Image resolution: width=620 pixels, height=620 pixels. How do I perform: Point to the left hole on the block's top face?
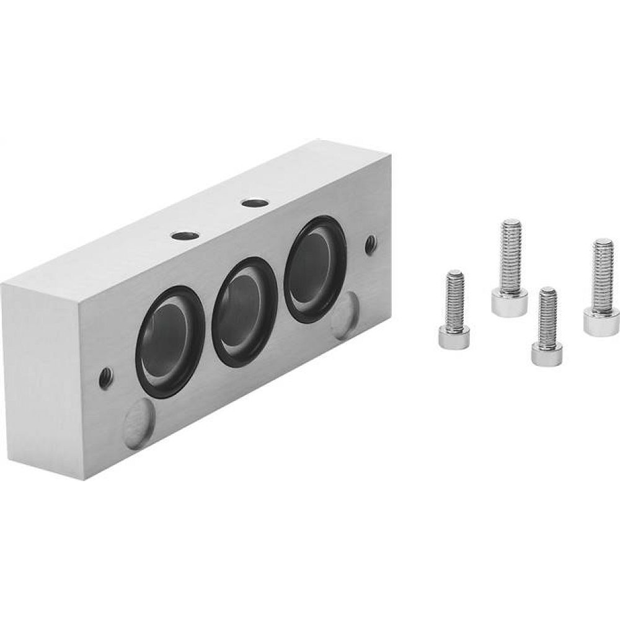pyautogui.click(x=184, y=235)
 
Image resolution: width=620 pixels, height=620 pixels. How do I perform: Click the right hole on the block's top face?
pyautogui.click(x=252, y=201)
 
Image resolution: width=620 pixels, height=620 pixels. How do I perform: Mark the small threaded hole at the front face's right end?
pyautogui.click(x=371, y=244)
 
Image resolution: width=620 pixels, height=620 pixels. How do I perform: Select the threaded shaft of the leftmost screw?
pyautogui.click(x=456, y=295)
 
